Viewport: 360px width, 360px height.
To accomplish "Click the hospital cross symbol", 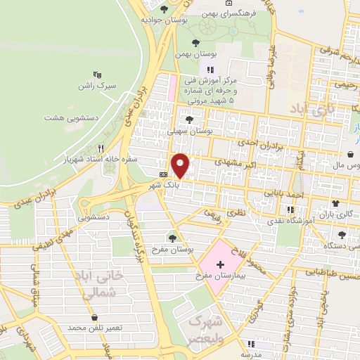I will pyautogui.click(x=220, y=262).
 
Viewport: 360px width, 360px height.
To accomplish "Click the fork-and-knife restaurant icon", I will pyautogui.click(x=101, y=149).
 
